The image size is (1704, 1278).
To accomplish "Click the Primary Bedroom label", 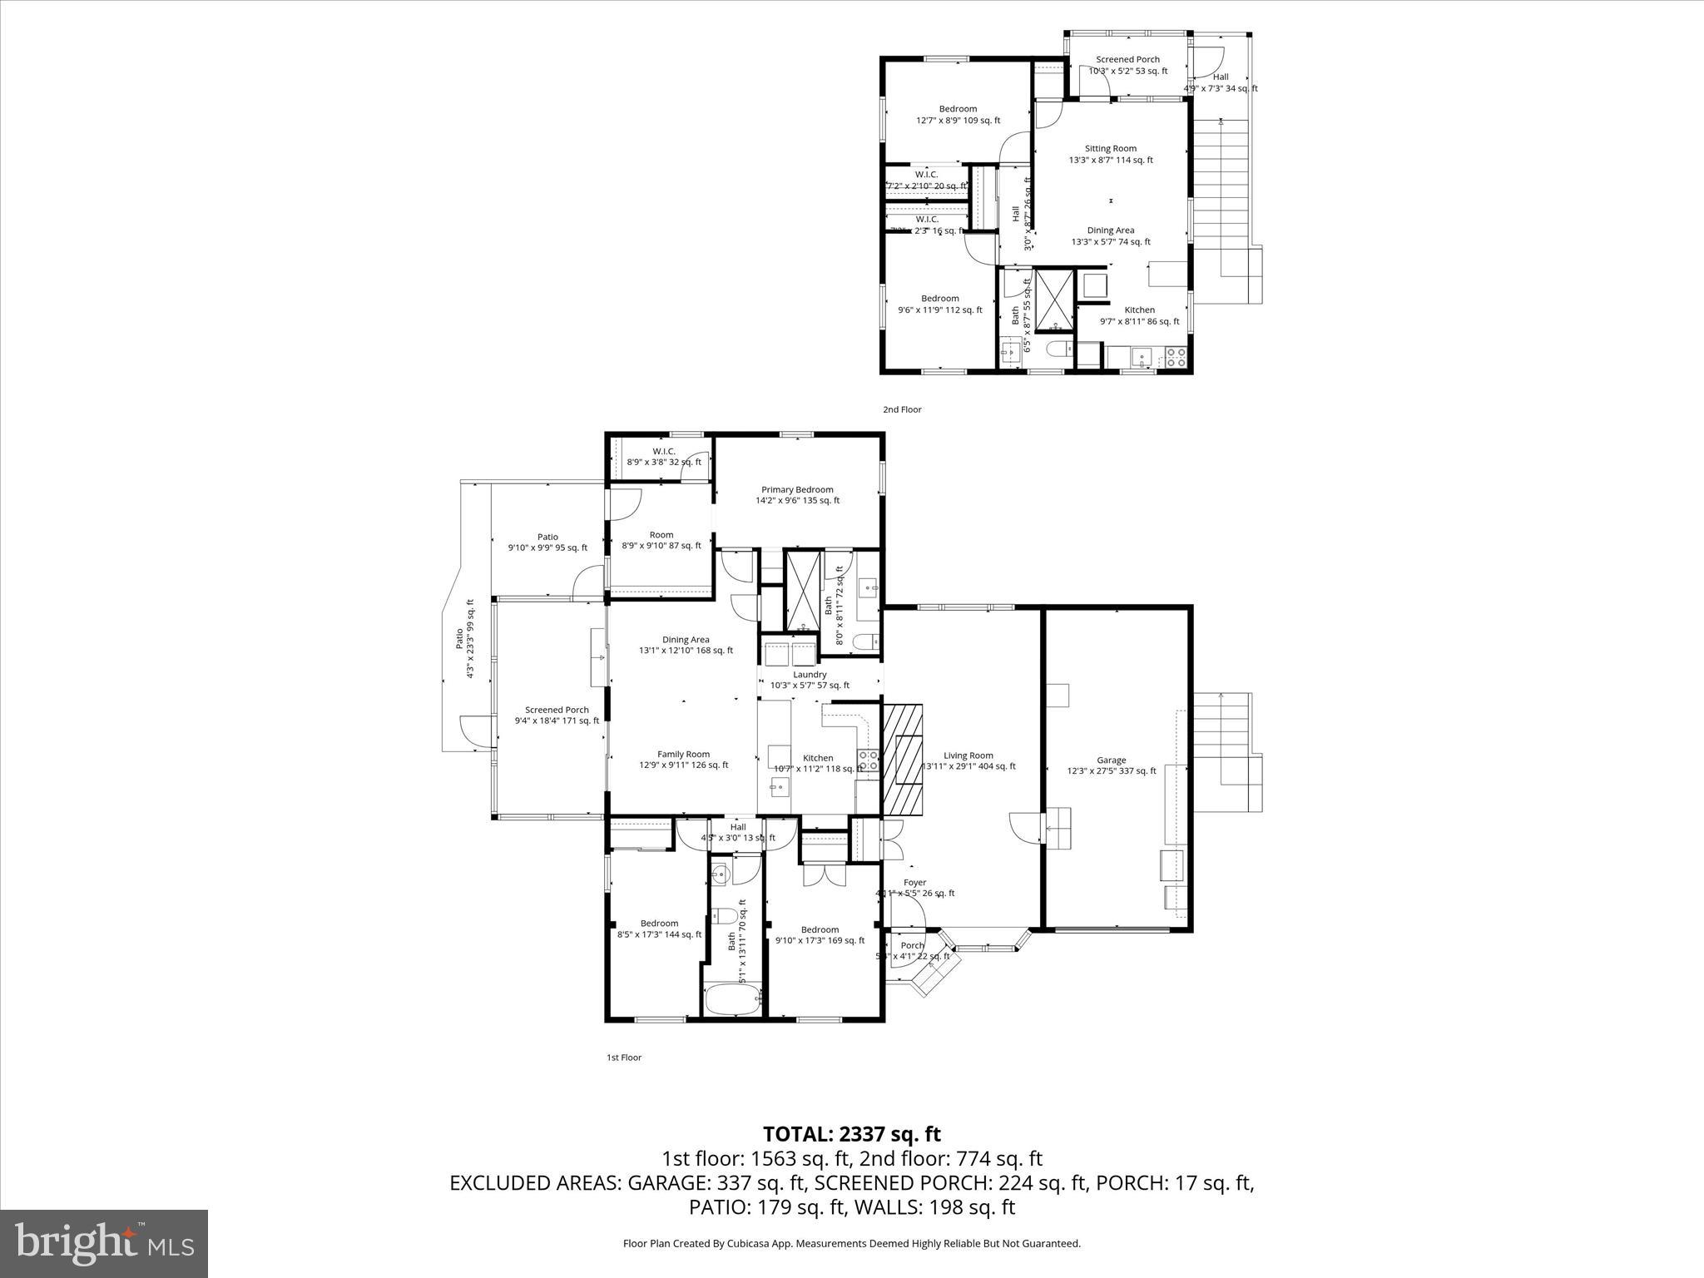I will point(797,495).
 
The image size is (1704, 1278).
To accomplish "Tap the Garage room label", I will point(1112,765).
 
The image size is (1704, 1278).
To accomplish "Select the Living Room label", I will point(968,760).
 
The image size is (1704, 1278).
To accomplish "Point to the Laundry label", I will point(810,680).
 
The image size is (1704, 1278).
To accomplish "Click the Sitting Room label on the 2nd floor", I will point(1111,154).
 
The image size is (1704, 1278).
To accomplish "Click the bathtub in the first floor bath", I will point(732,998).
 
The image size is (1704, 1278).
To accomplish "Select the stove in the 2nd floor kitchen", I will point(1176,358).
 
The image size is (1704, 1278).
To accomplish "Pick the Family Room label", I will point(683,760).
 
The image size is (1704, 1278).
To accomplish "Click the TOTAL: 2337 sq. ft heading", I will point(852,1134).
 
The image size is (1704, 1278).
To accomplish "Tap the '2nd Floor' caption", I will point(902,409).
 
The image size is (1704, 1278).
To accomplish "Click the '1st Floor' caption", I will point(623,1058).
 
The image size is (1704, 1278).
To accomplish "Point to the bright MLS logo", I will point(104,1243).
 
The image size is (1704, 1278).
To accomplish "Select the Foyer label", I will point(914,888).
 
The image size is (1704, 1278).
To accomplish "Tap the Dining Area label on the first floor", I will point(686,645).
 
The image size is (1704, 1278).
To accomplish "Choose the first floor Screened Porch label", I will point(557,715).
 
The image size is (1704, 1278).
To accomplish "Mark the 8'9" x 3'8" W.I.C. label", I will point(664,456).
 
